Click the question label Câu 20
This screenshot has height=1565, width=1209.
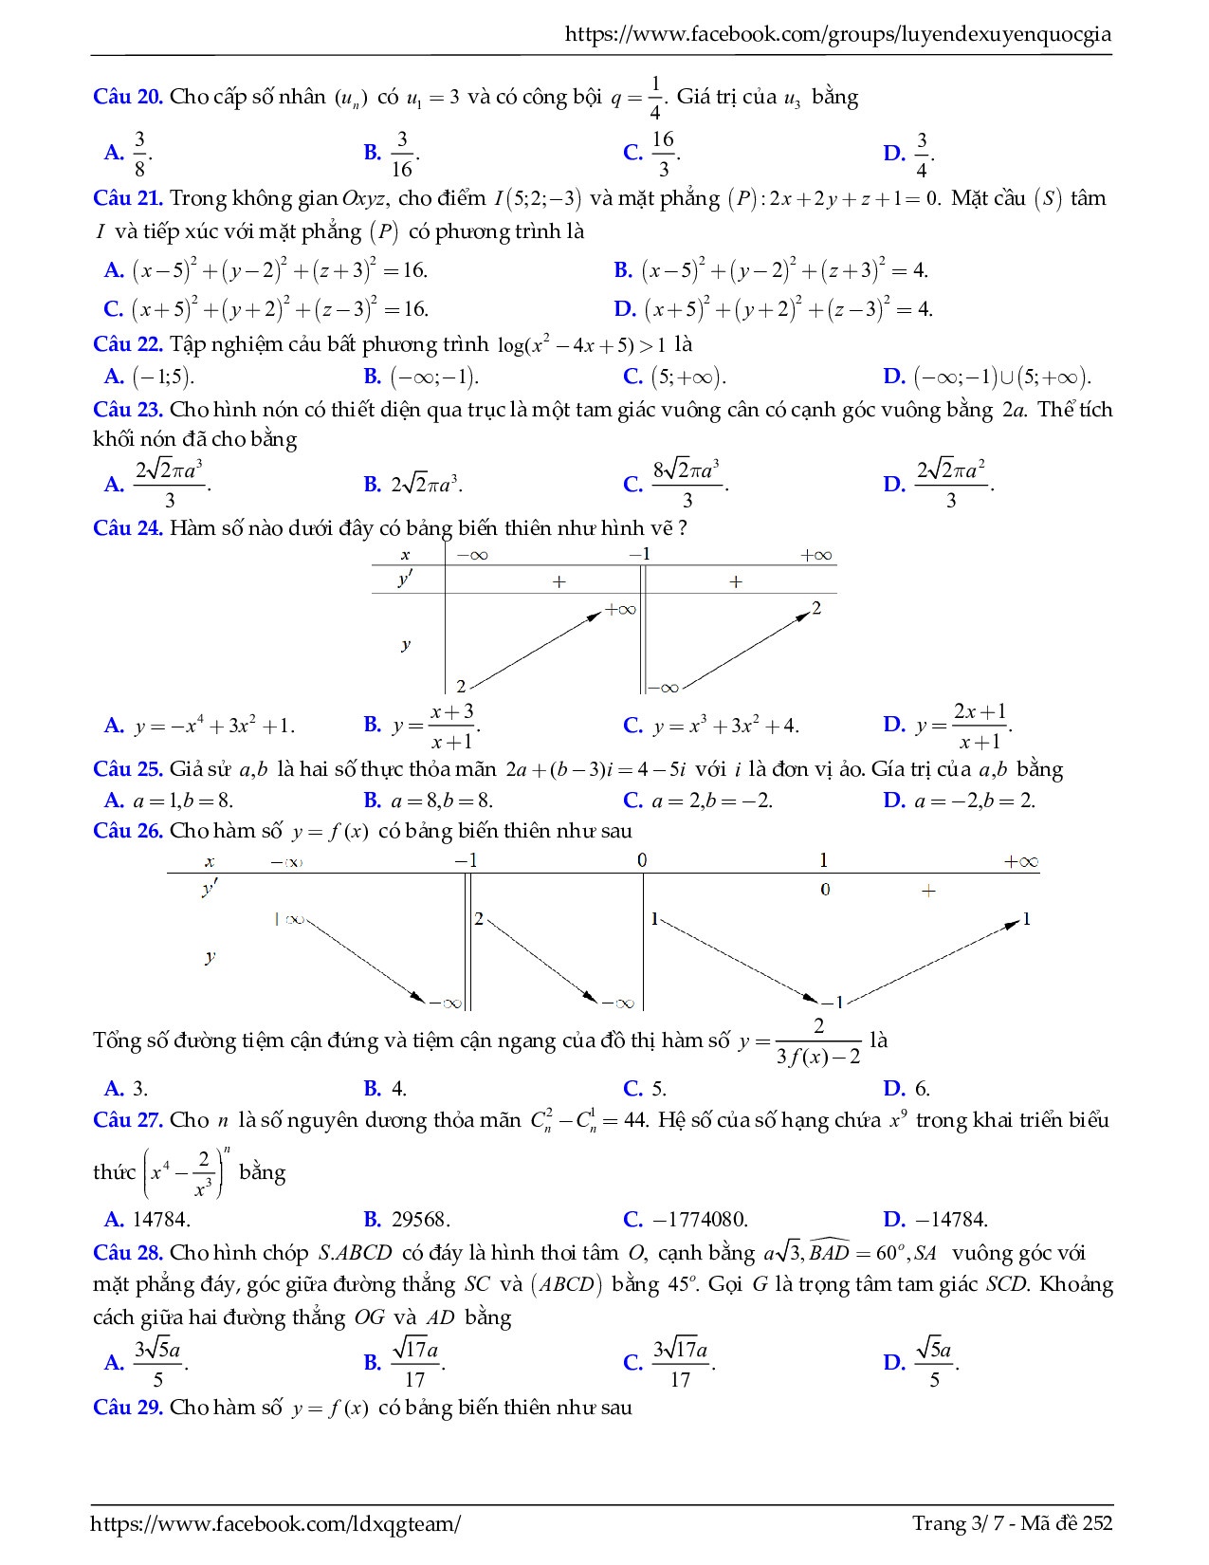pos(128,98)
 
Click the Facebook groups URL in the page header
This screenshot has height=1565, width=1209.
pos(837,35)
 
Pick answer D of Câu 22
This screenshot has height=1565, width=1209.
pos(987,377)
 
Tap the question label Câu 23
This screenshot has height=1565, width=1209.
pos(128,411)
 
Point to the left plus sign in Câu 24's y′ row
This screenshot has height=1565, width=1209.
pos(559,581)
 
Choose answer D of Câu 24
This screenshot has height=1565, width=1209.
pos(963,727)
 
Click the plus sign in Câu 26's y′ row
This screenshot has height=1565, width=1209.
pos(928,891)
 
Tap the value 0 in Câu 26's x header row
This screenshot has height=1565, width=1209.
pos(642,860)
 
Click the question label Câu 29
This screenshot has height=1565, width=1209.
pos(128,1408)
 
